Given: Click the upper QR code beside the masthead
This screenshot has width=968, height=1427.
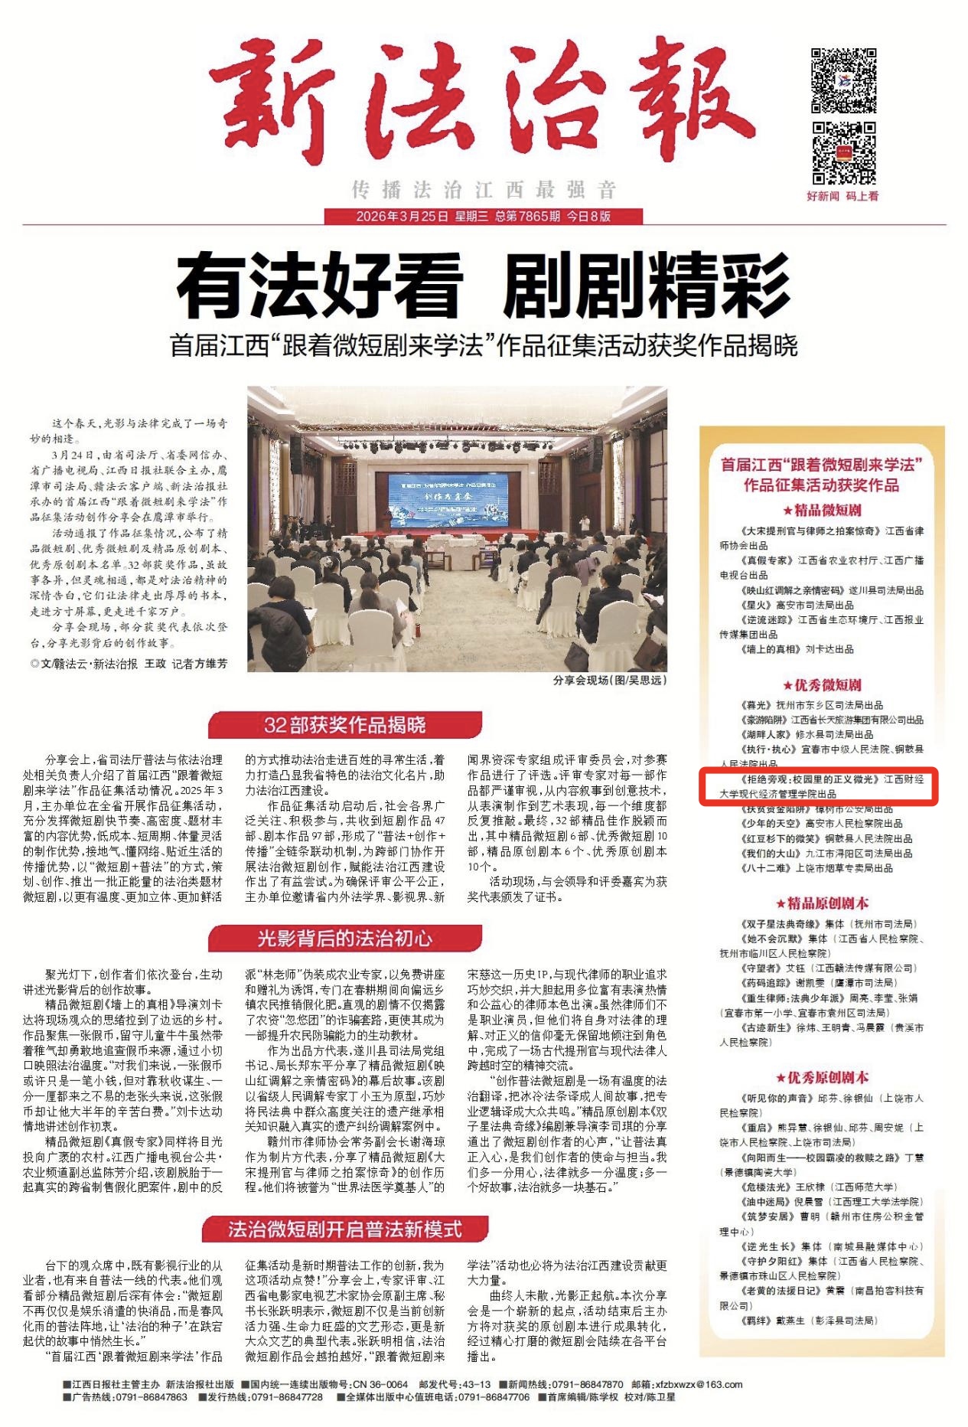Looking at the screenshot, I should pos(843,80).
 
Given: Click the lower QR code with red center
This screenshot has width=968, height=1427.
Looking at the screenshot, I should pos(843,152).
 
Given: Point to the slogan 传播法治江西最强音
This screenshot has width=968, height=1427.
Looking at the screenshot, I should pos(484,189).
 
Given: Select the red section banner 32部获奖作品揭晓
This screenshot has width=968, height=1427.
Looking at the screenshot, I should pos(345,724).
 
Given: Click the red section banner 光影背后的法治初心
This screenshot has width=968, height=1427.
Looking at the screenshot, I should pos(345,938).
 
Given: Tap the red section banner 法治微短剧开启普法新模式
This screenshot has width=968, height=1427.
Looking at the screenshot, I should pos(345,1229).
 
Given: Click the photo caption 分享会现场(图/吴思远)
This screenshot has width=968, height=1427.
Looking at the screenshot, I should pos(609,680).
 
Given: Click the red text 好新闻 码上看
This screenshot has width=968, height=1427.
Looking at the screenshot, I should pos(843,196).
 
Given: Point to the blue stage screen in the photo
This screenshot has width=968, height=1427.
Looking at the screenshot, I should pos(439,499).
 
